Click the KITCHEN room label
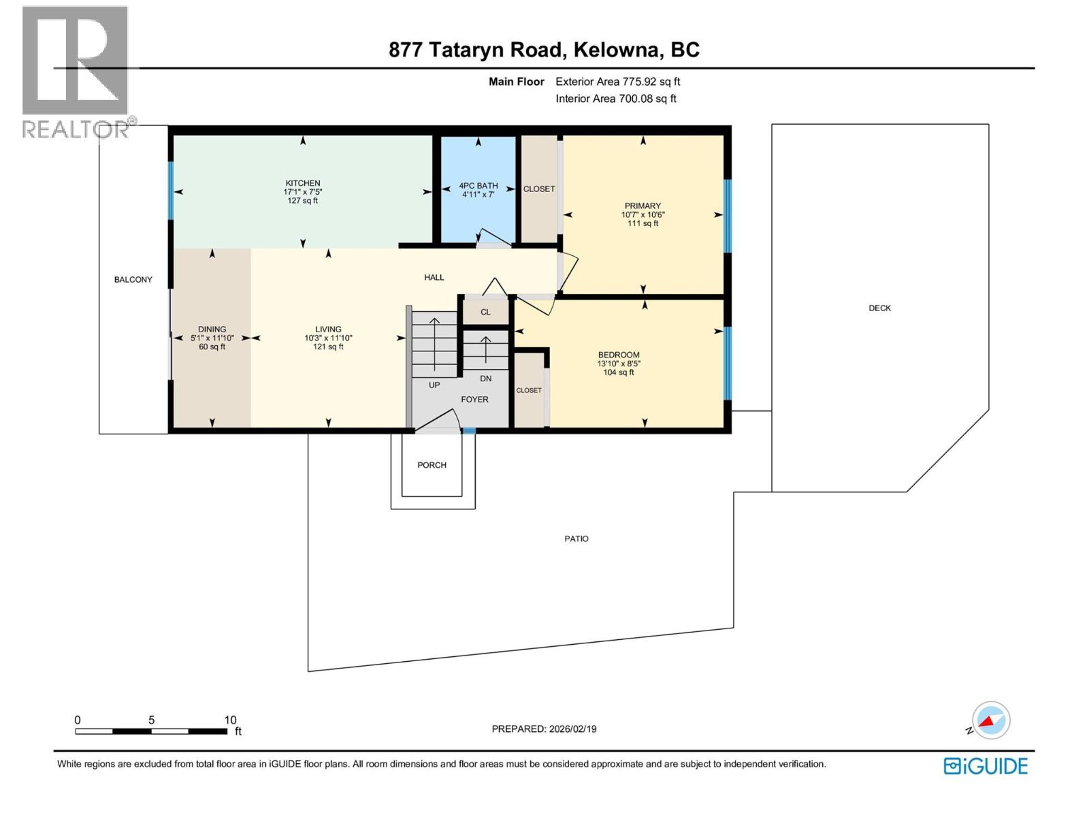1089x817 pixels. click(303, 183)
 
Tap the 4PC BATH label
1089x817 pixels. click(478, 186)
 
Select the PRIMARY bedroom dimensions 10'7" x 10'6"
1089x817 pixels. click(643, 214)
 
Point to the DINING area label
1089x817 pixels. click(212, 329)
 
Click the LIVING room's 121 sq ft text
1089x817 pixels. click(328, 347)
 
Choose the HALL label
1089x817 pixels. click(434, 277)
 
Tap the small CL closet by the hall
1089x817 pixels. click(485, 313)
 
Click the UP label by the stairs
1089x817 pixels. click(434, 385)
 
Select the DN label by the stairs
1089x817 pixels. click(485, 379)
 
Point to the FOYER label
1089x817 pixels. click(474, 400)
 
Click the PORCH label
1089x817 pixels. click(432, 465)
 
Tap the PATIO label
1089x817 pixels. click(576, 539)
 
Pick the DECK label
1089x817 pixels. click(879, 308)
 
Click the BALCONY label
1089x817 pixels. click(133, 280)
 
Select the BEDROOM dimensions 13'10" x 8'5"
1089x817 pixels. click(619, 364)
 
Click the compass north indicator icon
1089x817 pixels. click(990, 720)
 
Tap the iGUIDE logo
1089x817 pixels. click(986, 766)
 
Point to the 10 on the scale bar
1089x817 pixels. click(231, 720)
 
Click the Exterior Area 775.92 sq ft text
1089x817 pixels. click(617, 82)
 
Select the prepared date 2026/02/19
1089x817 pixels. click(572, 728)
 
